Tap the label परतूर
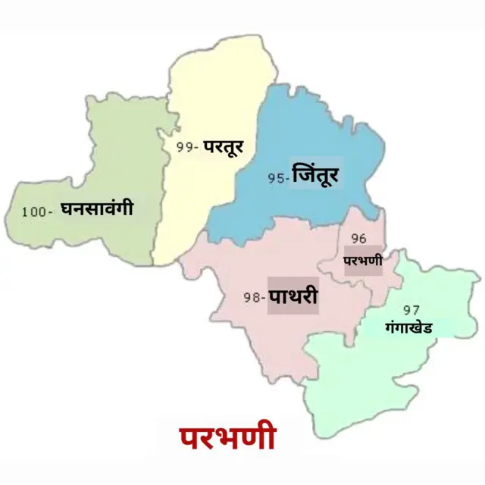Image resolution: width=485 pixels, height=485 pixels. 223,146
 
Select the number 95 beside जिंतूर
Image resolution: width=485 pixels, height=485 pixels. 275,180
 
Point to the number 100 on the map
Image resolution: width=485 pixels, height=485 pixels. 34,212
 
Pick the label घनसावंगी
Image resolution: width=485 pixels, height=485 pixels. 96,208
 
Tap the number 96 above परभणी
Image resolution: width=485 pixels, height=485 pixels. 358,238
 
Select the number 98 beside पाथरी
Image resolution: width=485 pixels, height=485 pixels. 252,298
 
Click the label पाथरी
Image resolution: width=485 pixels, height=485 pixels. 293,296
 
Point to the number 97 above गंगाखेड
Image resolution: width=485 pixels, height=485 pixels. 411,310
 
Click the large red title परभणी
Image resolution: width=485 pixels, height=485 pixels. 227,437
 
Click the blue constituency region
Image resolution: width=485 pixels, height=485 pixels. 303,136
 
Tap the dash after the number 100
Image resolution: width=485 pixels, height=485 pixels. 50,213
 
